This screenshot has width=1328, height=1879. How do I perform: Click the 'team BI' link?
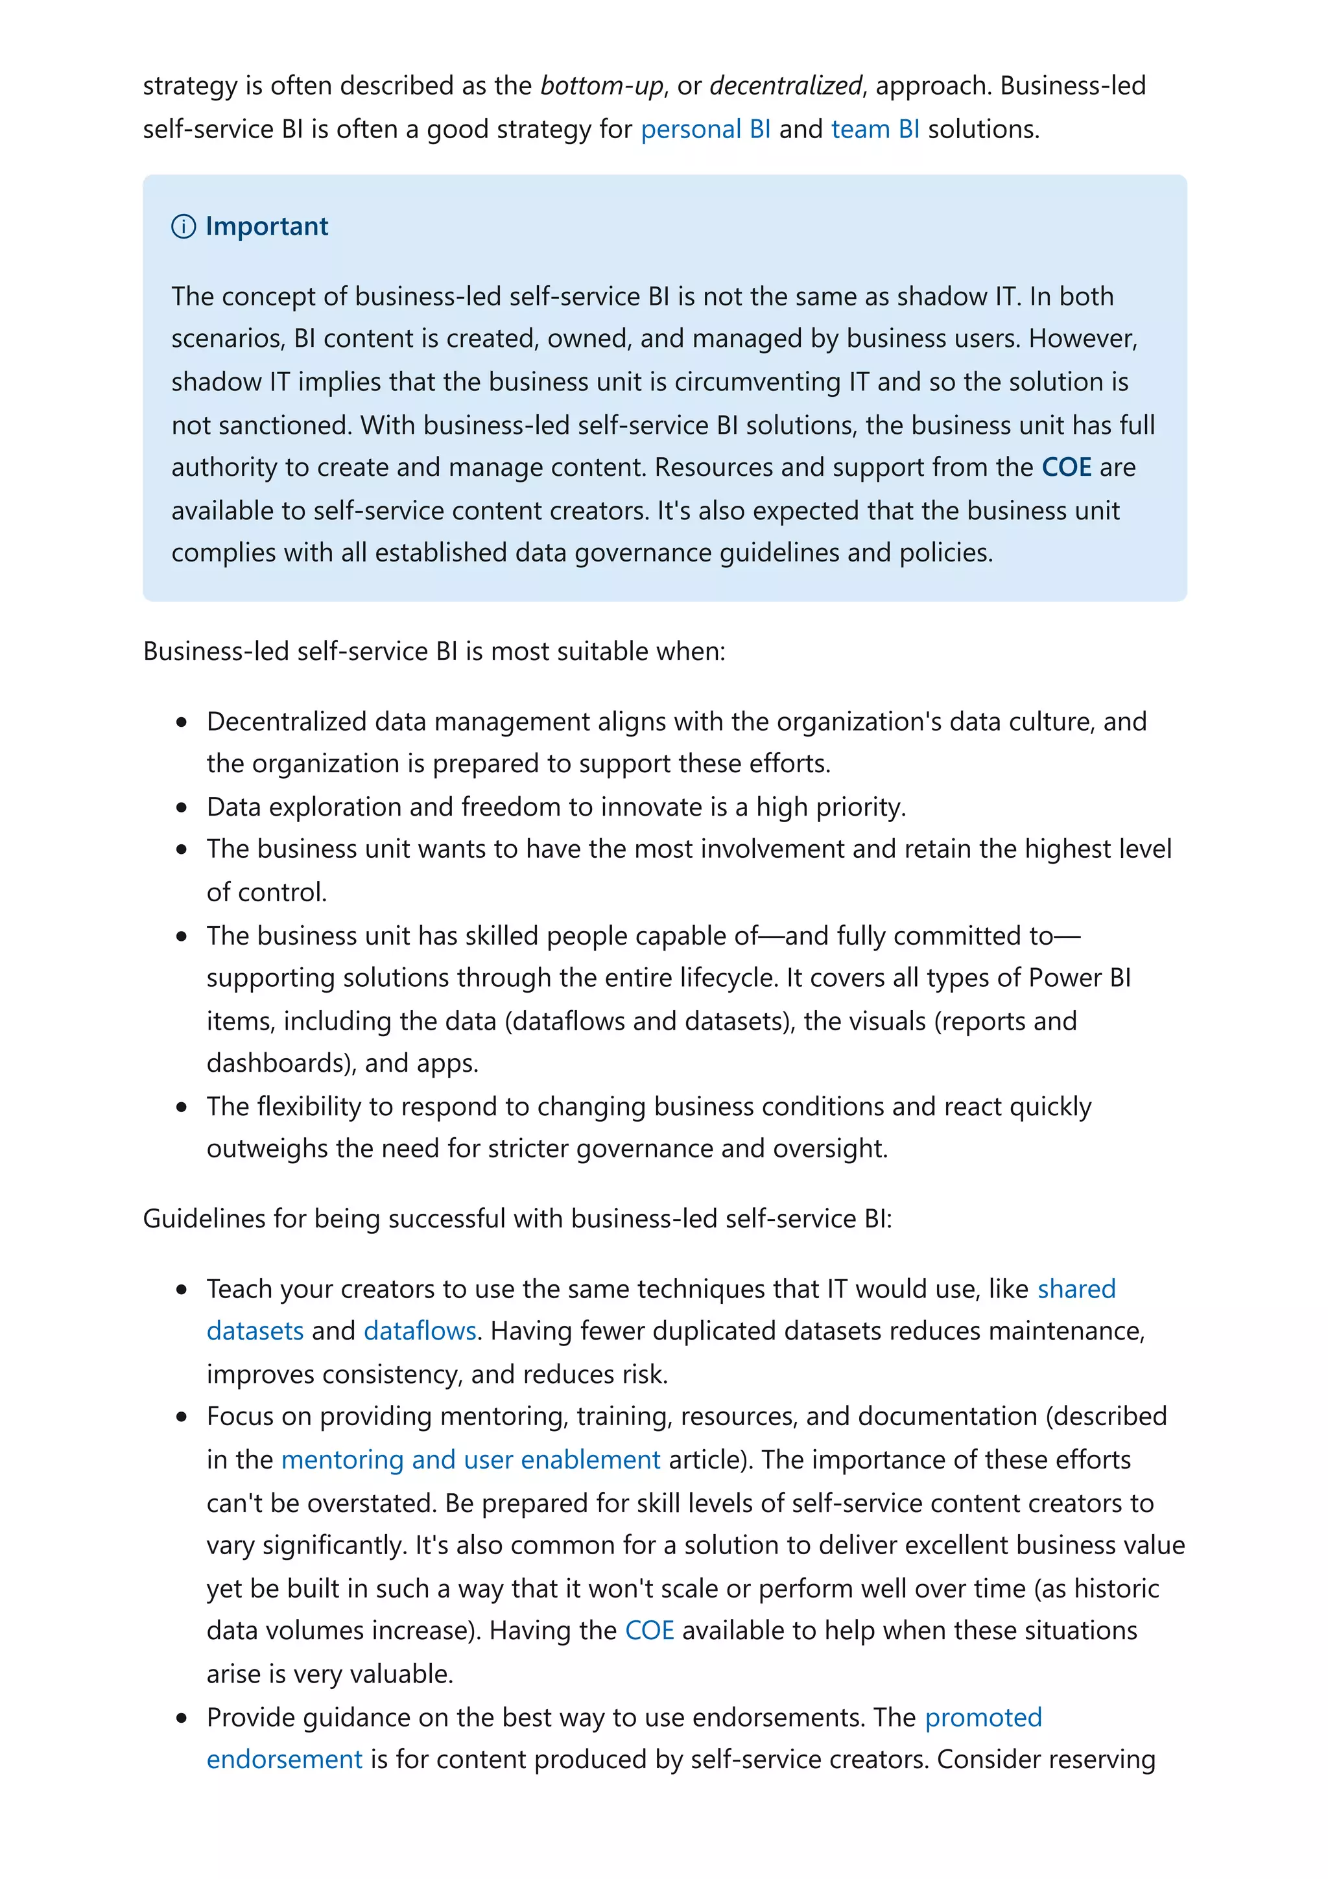[875, 129]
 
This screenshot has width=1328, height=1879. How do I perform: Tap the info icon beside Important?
[184, 227]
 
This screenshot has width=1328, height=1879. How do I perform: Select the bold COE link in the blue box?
[1065, 467]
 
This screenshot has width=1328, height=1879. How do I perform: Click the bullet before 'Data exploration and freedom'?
[182, 808]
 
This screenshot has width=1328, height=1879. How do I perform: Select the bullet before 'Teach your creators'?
[182, 1290]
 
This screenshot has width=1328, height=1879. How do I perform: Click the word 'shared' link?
[1076, 1289]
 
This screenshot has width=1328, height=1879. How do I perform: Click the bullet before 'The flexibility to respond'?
[182, 1107]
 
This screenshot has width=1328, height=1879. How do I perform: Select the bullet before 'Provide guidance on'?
[182, 1718]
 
